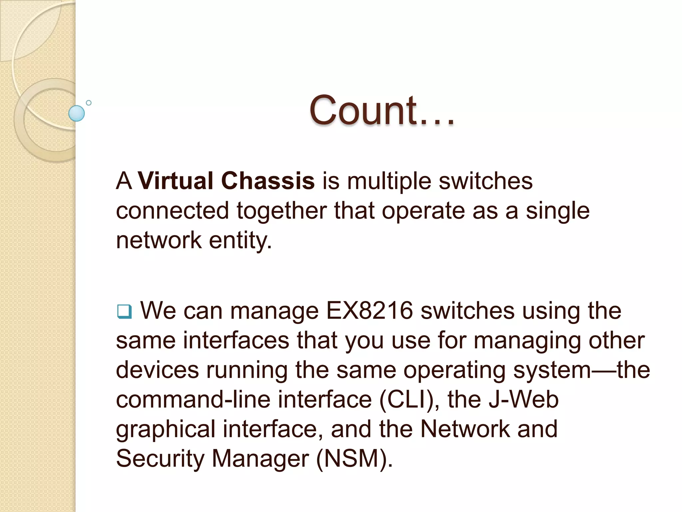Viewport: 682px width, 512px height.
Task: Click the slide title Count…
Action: (x=382, y=111)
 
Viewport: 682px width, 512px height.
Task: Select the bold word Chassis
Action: (x=268, y=181)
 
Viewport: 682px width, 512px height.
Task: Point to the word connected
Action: (x=172, y=211)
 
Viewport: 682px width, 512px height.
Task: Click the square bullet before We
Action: (x=124, y=312)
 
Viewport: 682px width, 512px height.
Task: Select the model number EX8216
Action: (x=369, y=311)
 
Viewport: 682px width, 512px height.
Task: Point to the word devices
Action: (x=157, y=370)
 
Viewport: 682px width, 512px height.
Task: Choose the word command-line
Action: (x=193, y=400)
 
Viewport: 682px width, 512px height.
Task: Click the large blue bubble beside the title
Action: (x=77, y=113)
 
